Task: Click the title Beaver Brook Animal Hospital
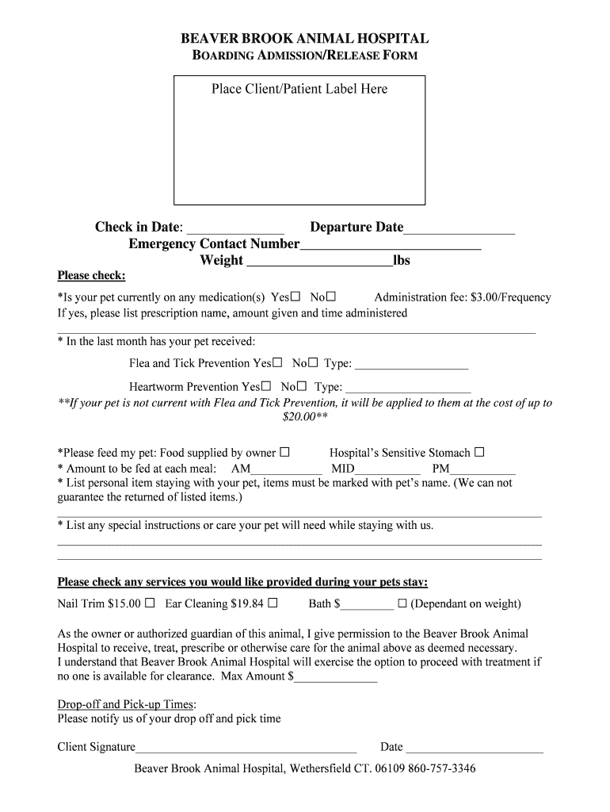pos(305,38)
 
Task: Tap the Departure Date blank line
pos(459,231)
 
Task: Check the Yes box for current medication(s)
pos(295,297)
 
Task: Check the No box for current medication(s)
pos(331,297)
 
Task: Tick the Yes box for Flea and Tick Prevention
pos(277,363)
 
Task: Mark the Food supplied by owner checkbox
pos(284,453)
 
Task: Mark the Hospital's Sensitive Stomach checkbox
pos(478,453)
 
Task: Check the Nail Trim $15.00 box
pos(150,603)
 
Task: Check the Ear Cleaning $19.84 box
pos(273,603)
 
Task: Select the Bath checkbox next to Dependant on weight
pos(402,603)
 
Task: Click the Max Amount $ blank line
pos(336,680)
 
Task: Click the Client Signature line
pos(246,749)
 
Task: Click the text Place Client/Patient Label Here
pos(299,89)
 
